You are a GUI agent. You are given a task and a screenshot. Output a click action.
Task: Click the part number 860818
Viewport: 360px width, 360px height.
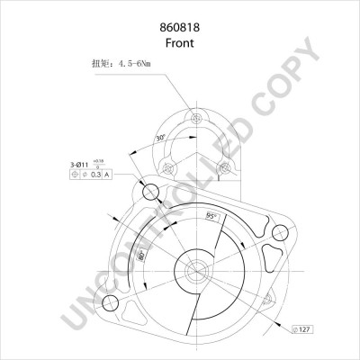[179, 27]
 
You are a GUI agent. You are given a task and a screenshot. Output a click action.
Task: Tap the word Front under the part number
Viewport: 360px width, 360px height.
[179, 43]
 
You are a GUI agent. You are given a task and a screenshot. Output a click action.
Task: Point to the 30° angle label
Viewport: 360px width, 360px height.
[161, 139]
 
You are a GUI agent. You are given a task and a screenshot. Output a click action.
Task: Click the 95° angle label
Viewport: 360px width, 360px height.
[211, 217]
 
